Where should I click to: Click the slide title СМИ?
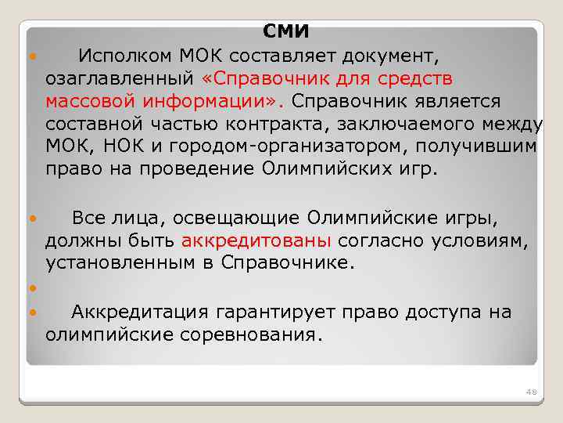286,32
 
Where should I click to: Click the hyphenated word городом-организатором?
289,147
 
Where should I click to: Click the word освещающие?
238,217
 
